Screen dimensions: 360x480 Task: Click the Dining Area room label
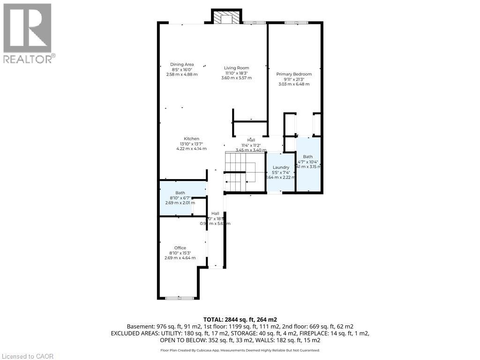tap(182, 65)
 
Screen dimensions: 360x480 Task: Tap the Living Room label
tap(236, 68)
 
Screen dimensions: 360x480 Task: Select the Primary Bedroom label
tap(294, 74)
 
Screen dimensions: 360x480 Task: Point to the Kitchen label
tap(191, 139)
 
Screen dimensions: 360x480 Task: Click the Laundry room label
tap(281, 167)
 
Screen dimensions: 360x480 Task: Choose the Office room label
tap(180, 248)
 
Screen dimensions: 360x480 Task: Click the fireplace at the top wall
tap(227, 17)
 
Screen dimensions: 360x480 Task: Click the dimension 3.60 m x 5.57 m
tap(236, 78)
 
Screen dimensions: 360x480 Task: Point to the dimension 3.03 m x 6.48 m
tap(294, 84)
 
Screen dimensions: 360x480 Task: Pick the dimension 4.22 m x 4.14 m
tap(191, 149)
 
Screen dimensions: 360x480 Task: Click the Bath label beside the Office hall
tap(180, 193)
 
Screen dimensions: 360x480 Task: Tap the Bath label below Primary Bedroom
tap(307, 157)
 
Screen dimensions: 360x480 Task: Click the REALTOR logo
tap(28, 33)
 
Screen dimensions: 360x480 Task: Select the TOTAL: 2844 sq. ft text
tap(240, 319)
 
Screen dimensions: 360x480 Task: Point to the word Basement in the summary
tap(140, 326)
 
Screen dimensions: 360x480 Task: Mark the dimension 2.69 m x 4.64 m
tap(180, 258)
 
